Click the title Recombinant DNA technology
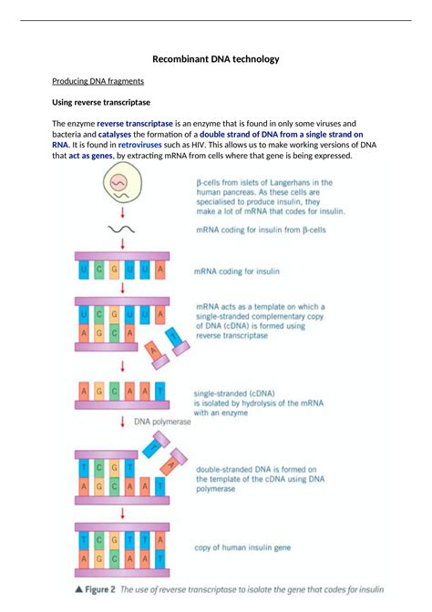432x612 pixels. [x=215, y=59]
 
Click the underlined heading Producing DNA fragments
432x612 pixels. [x=98, y=81]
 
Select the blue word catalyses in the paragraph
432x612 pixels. [x=113, y=134]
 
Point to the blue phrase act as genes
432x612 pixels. [x=91, y=156]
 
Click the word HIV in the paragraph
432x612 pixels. [x=198, y=145]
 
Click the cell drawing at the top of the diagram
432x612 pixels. [x=121, y=187]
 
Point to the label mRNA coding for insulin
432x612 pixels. [x=237, y=270]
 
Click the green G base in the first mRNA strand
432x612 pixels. [x=114, y=270]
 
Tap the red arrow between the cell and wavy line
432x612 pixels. [x=121, y=213]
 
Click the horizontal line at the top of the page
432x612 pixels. [x=215, y=20]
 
